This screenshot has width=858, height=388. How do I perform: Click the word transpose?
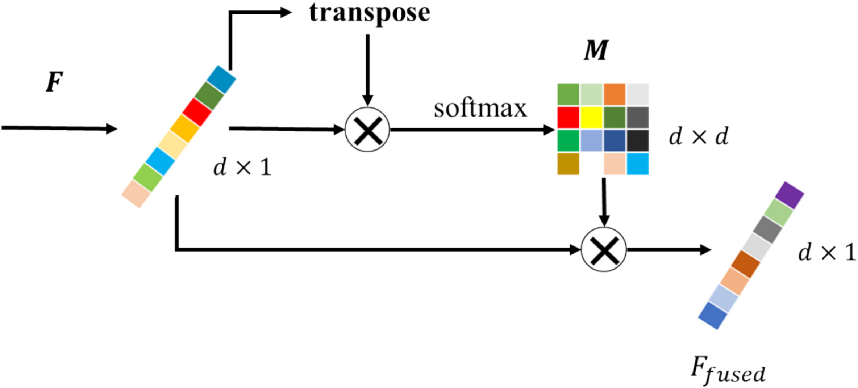(370, 14)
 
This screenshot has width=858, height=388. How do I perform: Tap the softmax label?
(480, 109)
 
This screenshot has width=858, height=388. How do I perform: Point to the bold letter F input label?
(54, 82)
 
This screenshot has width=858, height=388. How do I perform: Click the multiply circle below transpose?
(367, 130)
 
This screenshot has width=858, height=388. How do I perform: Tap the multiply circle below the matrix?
(604, 249)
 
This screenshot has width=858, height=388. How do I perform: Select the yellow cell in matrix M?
(591, 118)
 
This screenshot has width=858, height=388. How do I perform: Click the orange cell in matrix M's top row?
(615, 94)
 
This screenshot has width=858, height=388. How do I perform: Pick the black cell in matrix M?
(638, 141)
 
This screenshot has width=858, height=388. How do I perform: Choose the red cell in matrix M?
(568, 118)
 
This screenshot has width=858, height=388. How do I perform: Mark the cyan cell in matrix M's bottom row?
(638, 164)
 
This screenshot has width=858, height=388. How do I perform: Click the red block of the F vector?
(197, 112)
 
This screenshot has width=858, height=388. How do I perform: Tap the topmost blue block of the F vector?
(221, 79)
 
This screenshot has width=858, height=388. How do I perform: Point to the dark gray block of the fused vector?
(767, 229)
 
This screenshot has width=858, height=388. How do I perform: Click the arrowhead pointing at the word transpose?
(286, 13)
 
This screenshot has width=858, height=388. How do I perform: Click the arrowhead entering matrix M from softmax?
(549, 130)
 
